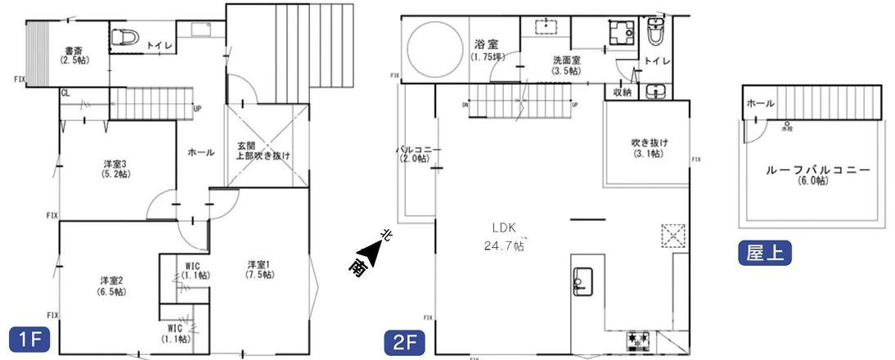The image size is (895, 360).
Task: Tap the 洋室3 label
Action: pyautogui.click(x=112, y=168)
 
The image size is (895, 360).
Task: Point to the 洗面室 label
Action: pyautogui.click(x=566, y=65)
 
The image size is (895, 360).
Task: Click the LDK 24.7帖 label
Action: pyautogui.click(x=507, y=236)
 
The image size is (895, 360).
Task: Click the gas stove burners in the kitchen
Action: pyautogui.click(x=639, y=338)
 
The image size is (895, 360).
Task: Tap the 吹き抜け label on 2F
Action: pyautogui.click(x=650, y=147)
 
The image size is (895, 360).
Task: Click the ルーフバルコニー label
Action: pyautogui.click(x=817, y=174)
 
